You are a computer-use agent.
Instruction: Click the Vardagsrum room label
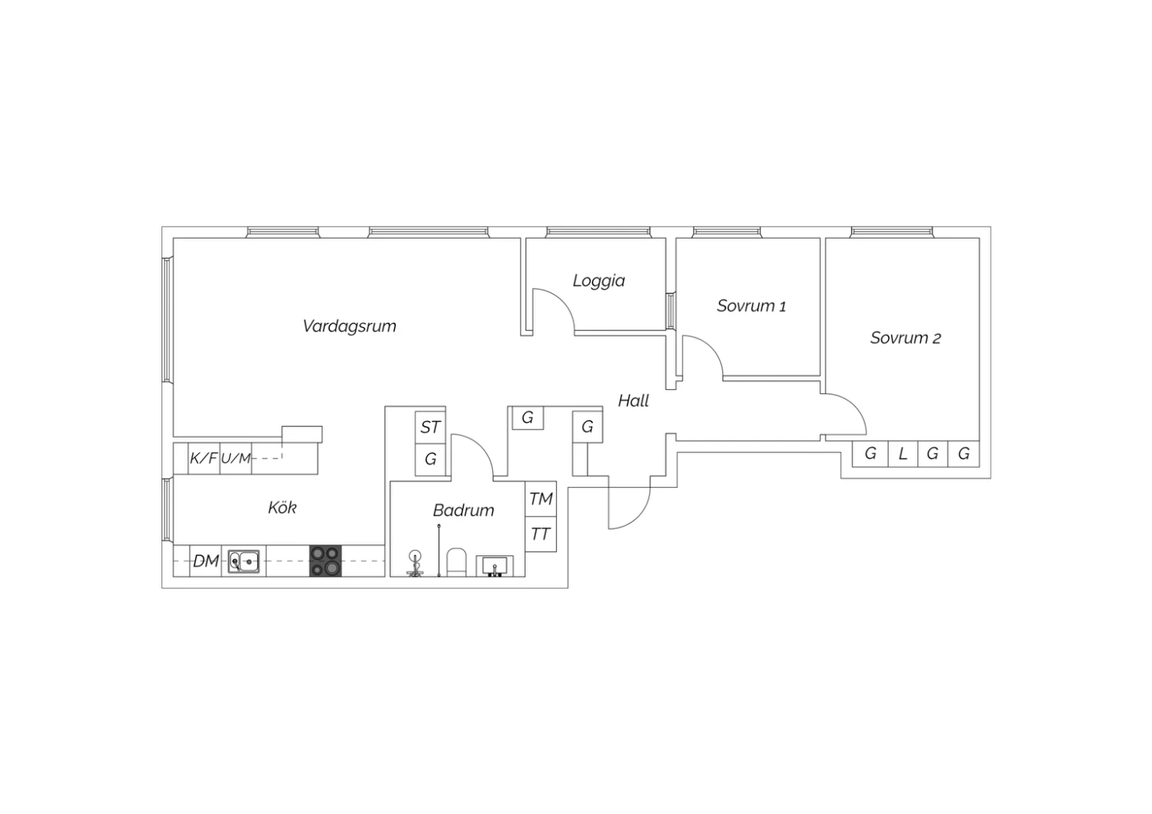[x=349, y=326]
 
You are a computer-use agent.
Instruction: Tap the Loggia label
[x=598, y=281]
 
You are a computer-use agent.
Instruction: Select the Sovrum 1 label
[x=751, y=306]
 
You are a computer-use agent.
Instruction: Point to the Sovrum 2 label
[x=905, y=338]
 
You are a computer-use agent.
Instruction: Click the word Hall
[x=633, y=401]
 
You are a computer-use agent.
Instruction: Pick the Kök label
[x=283, y=508]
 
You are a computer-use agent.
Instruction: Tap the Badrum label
[x=463, y=510]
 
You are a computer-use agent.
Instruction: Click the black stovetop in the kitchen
[x=326, y=561]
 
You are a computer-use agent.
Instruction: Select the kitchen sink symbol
[x=243, y=561]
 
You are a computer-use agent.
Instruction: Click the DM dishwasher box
[x=206, y=561]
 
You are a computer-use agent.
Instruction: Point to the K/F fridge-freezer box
[x=204, y=458]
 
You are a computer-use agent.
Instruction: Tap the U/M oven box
[x=236, y=458]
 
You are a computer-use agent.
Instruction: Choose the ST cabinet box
[x=430, y=427]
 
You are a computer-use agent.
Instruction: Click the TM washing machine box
[x=541, y=499]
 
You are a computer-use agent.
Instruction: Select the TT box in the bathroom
[x=541, y=534]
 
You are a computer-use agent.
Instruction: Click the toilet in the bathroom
[x=456, y=562]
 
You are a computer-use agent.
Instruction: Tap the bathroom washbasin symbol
[x=495, y=566]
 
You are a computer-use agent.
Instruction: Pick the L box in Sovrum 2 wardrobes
[x=902, y=454]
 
